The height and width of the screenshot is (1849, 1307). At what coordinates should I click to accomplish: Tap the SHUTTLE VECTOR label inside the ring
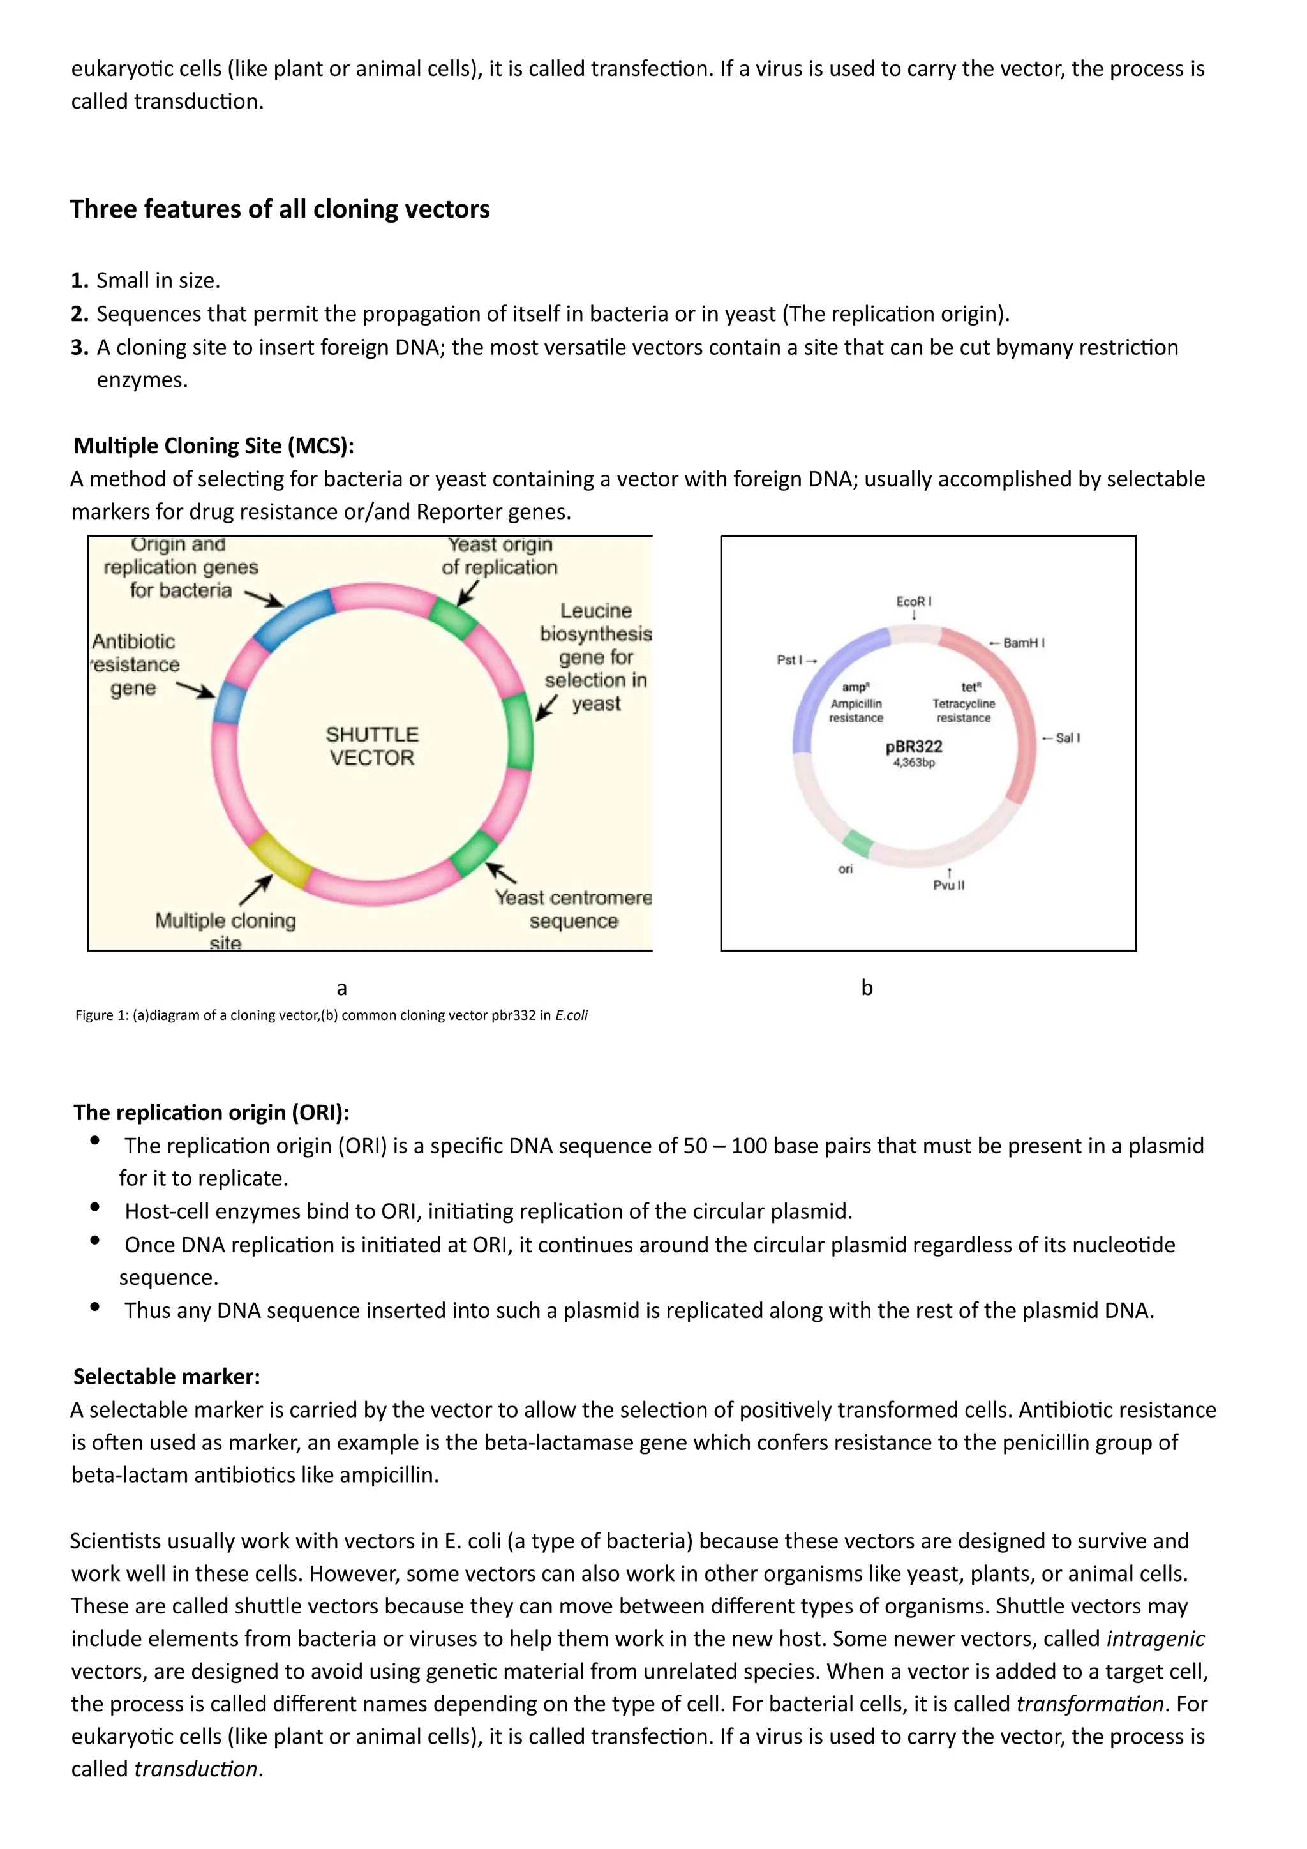(x=372, y=745)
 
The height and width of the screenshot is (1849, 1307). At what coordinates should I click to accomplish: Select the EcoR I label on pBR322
(x=913, y=602)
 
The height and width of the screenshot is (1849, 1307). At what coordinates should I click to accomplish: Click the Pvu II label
(x=948, y=885)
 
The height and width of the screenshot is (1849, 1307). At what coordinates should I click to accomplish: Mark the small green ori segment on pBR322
(x=858, y=844)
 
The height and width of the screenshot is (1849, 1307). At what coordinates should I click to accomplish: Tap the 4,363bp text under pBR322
(x=914, y=763)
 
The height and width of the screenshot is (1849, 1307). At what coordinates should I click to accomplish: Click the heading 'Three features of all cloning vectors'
(x=280, y=209)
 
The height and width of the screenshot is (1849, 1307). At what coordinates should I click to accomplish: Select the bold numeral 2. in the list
(x=79, y=314)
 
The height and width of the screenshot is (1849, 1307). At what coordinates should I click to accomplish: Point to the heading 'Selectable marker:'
(x=167, y=1376)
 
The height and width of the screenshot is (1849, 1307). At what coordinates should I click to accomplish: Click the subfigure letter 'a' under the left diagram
(x=341, y=988)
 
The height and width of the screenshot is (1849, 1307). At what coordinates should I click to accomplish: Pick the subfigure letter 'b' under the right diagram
(x=867, y=988)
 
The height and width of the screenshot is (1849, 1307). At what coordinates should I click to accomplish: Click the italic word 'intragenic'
(x=1155, y=1639)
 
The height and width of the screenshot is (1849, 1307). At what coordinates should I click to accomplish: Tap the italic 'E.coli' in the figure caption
(x=571, y=1015)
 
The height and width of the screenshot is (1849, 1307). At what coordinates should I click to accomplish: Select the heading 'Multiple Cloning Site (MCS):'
(x=213, y=445)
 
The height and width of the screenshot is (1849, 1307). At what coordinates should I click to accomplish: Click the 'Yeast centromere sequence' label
(x=572, y=910)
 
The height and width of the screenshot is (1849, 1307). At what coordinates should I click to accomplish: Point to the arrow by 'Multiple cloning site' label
(x=255, y=891)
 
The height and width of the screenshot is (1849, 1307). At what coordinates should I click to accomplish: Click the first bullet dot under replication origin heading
(x=95, y=1141)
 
